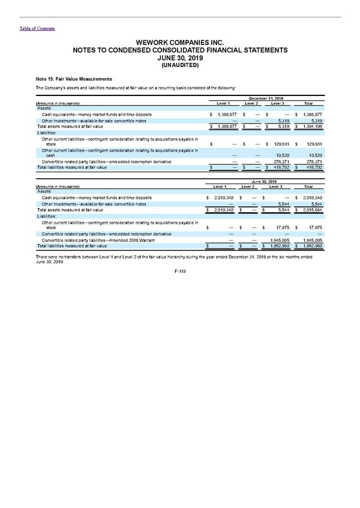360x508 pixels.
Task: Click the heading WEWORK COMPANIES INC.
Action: (180, 43)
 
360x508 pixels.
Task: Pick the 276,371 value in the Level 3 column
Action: (279, 162)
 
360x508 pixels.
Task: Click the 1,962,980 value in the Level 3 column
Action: (278, 246)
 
